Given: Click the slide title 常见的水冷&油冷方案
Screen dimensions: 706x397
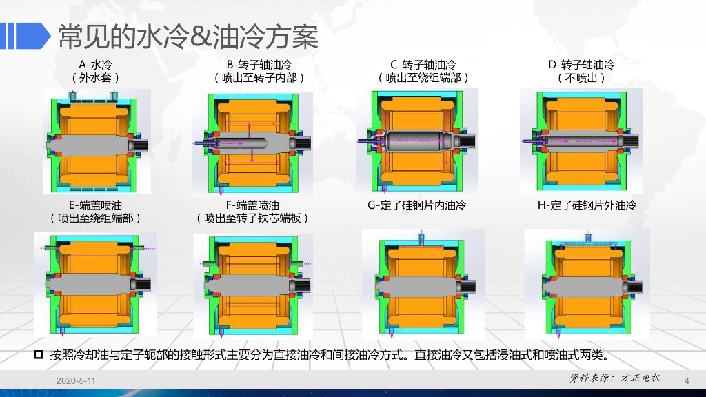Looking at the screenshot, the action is [188, 37].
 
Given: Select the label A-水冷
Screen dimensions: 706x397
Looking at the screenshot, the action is [95, 65].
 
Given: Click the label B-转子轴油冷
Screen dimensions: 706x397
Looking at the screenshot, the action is [259, 65].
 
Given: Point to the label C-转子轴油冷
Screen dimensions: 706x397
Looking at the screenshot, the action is [423, 65].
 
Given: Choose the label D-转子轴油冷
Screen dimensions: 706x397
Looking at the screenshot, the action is [581, 65].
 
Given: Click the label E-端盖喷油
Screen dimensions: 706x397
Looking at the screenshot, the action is [95, 205].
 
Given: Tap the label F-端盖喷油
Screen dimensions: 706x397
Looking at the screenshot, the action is [252, 205].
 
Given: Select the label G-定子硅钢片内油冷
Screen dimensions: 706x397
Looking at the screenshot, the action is [417, 205].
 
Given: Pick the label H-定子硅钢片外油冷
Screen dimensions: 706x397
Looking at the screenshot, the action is [587, 205].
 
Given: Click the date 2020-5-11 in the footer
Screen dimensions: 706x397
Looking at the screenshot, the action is [76, 380].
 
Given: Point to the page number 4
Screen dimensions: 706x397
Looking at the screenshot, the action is [687, 380].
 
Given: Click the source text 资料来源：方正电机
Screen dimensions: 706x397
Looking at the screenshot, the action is [615, 378].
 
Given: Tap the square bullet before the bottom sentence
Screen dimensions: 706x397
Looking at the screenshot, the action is [39, 355].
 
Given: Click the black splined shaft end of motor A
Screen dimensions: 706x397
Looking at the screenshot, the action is [139, 145].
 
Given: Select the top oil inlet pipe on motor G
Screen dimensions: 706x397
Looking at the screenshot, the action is [421, 237].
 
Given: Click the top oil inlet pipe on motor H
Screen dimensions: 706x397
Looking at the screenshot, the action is [588, 237].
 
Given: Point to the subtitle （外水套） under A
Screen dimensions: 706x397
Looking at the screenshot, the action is [95, 78].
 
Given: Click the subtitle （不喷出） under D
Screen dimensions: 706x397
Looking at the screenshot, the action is [581, 78].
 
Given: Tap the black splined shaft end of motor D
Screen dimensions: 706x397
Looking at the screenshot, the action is [630, 141].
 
